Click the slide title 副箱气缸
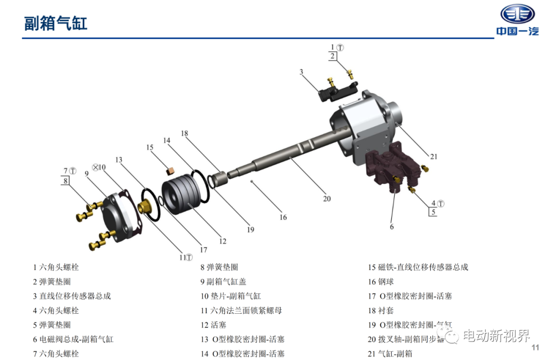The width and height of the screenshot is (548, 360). point(56,23)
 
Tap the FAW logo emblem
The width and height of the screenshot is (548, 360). point(518,14)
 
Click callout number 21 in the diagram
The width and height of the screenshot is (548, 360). point(434,157)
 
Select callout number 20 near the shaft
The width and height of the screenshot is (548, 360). point(327,199)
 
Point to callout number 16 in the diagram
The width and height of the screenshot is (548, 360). point(283,217)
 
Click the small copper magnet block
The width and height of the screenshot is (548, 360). point(170,171)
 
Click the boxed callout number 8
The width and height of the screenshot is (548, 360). point(65,181)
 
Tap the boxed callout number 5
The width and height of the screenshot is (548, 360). point(433,212)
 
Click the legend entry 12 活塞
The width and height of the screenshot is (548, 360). point(213,325)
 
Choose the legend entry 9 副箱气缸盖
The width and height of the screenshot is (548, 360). point(223,282)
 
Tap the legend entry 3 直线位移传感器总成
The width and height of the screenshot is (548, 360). point(72,296)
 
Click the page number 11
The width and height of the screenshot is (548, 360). point(535,347)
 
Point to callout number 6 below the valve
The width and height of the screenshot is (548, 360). point(392,226)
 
